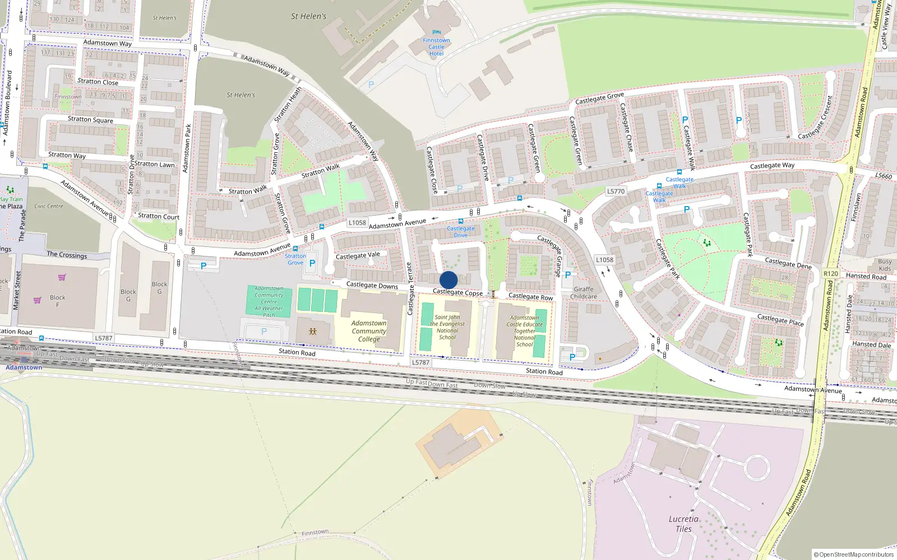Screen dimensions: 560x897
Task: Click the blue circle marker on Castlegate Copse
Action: [449, 280]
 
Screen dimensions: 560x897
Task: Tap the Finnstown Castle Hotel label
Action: [436, 47]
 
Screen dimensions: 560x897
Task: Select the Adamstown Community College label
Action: [369, 331]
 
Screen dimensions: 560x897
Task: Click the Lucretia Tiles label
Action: [683, 524]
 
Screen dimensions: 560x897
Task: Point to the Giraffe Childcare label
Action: [584, 293]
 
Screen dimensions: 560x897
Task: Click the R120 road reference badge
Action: [830, 274]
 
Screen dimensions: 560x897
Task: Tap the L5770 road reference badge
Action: [616, 192]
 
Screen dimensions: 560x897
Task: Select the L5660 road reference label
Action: [883, 176]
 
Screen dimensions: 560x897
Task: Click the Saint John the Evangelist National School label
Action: [447, 327]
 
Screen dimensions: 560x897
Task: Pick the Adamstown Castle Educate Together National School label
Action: [525, 331]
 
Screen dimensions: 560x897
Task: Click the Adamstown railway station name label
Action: [24, 367]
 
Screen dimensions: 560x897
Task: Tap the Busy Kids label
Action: [885, 265]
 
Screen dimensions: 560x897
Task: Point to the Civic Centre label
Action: [49, 206]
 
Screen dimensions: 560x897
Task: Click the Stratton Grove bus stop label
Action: [295, 259]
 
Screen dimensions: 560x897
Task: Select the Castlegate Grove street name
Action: [599, 99]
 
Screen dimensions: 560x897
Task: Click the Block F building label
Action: [57, 301]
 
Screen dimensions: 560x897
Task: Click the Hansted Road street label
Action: [866, 276]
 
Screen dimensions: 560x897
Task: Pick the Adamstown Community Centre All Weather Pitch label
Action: [269, 302]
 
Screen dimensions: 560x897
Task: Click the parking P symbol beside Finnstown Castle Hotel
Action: [371, 85]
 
